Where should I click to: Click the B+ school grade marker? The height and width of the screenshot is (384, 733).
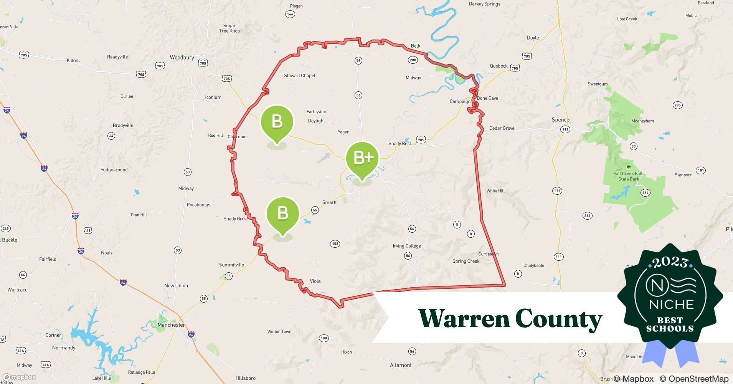coord(362,158)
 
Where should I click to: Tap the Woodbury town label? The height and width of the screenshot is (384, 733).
coord(182,58)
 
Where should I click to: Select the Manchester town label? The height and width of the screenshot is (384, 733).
coord(171,325)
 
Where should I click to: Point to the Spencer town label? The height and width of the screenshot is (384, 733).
coord(561,120)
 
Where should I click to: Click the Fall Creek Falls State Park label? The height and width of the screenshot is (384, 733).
coord(629,176)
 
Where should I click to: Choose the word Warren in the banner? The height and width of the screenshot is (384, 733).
coord(463,319)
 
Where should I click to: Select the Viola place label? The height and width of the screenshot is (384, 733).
coord(315,281)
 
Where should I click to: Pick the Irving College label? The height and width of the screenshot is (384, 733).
coord(407,246)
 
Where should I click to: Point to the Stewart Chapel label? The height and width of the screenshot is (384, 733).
coord(299,76)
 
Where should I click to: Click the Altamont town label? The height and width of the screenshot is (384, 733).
coord(401,365)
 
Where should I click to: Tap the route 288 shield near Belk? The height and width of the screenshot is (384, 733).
coord(413,60)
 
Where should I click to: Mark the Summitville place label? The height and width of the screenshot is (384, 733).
coord(231,265)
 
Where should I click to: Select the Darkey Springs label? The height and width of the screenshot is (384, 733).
coord(485,4)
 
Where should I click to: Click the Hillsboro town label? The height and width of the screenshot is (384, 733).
coord(246,378)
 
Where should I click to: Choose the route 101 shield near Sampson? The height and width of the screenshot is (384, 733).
coord(701,170)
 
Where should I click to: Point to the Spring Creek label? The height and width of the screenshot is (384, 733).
coord(466,261)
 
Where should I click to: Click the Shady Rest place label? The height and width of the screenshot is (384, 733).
coord(400,144)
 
